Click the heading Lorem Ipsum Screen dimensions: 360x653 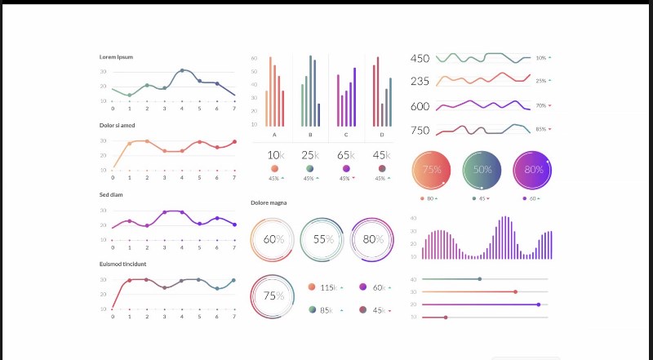[x=116, y=56]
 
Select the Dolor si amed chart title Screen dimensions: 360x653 [x=118, y=125]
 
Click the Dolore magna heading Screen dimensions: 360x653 [x=269, y=202]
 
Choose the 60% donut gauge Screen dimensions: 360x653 [x=274, y=239]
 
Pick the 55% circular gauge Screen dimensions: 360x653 [x=324, y=239]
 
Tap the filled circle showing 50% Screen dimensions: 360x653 [x=482, y=170]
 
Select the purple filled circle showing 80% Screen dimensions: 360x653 [x=534, y=170]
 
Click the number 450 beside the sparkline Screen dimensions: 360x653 [x=420, y=59]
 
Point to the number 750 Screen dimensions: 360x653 [x=420, y=130]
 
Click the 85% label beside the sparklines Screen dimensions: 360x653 [x=540, y=129]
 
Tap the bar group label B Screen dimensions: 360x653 [x=309, y=135]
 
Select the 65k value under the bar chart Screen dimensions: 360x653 [x=345, y=155]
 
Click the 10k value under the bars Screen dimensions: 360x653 [x=275, y=155]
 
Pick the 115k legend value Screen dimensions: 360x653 [x=328, y=287]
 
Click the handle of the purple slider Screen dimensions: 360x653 [x=539, y=304]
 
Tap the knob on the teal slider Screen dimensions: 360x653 [x=479, y=279]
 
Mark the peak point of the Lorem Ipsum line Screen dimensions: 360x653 [x=182, y=71]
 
